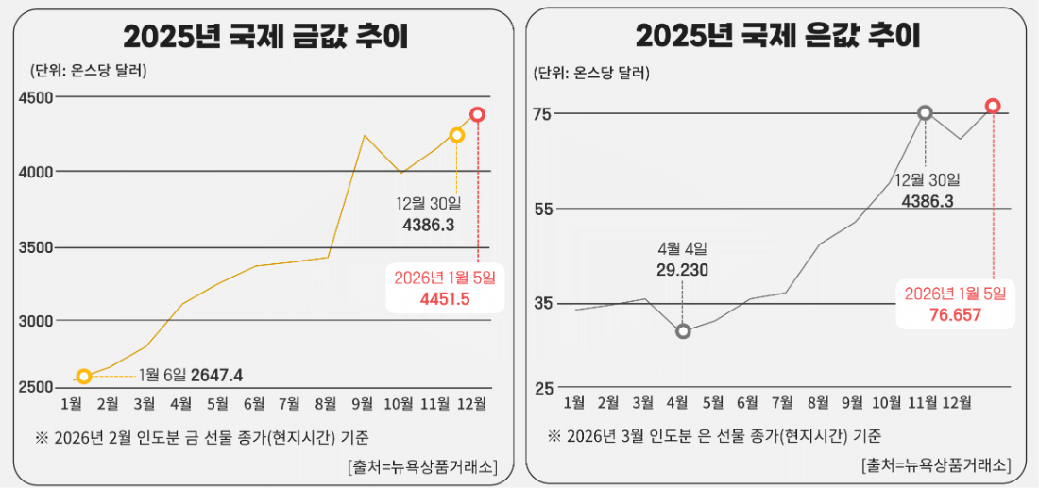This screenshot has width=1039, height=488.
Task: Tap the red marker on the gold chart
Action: tap(478, 114)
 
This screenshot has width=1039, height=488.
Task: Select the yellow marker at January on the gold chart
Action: tap(84, 377)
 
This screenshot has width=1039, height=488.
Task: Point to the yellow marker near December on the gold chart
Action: tap(457, 135)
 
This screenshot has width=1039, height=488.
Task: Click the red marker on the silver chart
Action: tap(993, 106)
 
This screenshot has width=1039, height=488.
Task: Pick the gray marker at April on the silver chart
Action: tap(683, 331)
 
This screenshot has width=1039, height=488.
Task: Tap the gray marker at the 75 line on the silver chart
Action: tap(926, 112)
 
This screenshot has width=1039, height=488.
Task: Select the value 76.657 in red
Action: tap(956, 314)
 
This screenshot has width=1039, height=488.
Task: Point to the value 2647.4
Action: tap(216, 376)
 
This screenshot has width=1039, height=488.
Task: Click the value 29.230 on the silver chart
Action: tap(682, 270)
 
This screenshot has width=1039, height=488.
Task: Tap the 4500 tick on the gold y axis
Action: tap(36, 97)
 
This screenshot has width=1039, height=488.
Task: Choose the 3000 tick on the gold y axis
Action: tap(36, 321)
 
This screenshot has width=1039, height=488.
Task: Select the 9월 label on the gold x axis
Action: tap(361, 404)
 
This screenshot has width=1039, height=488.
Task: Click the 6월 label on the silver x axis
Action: tap(747, 404)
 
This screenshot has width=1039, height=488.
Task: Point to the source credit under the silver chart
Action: tap(935, 465)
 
